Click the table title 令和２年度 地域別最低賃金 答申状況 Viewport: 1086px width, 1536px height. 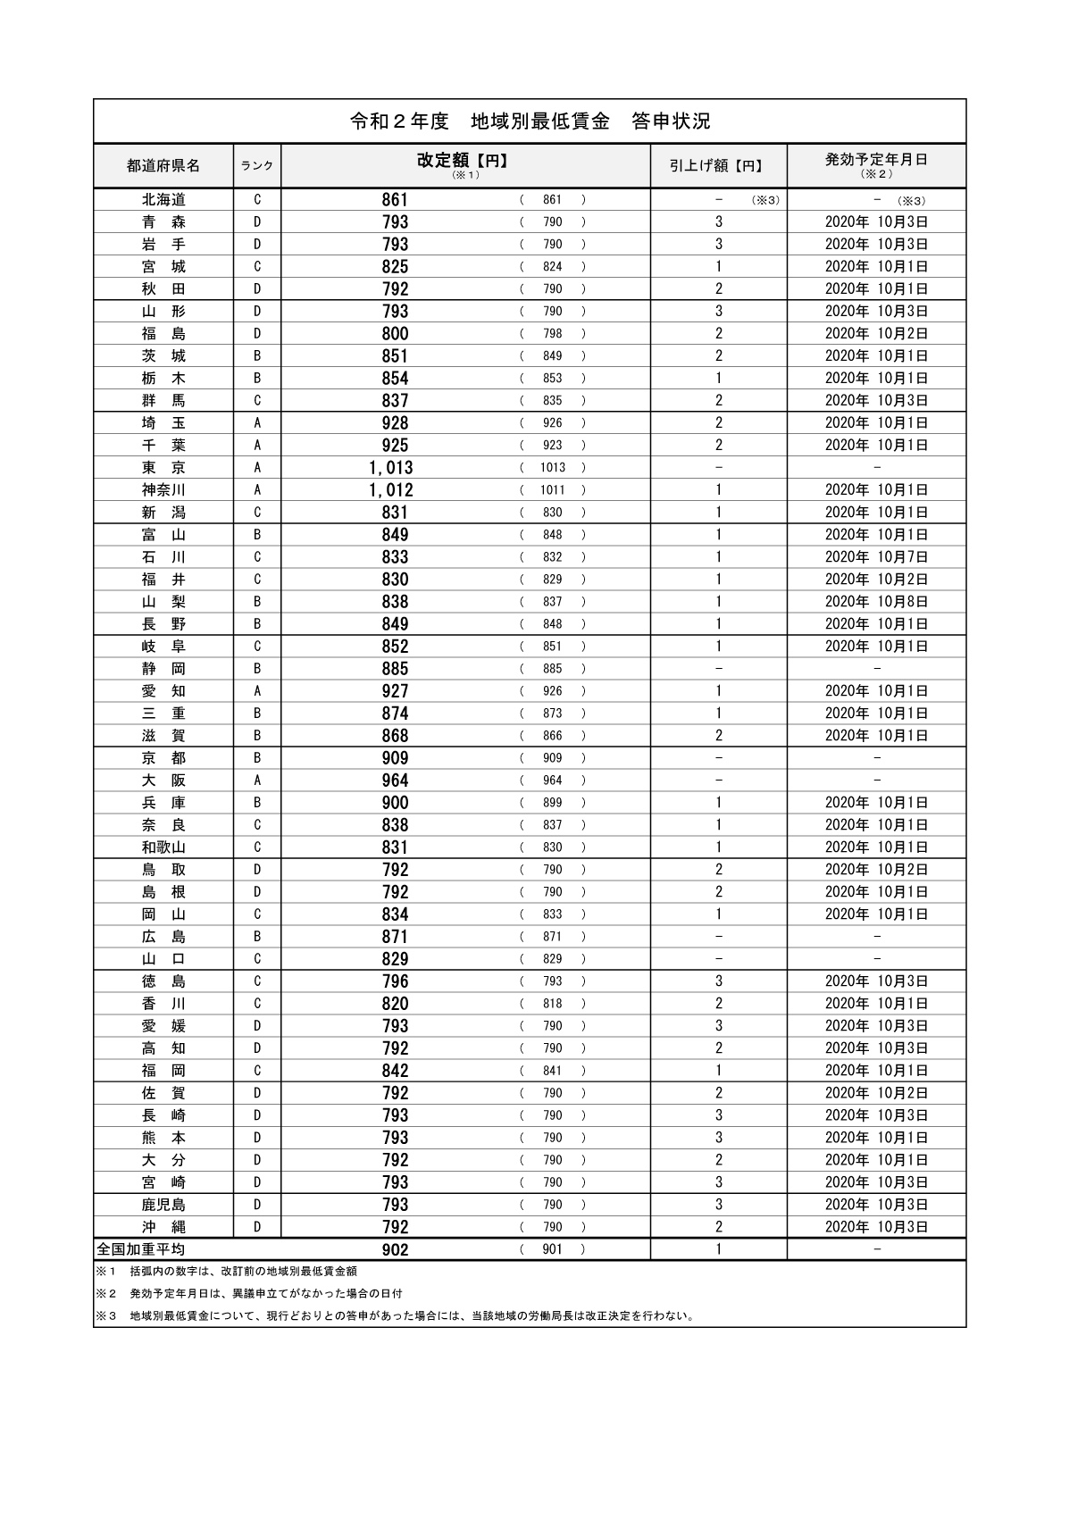pyautogui.click(x=530, y=121)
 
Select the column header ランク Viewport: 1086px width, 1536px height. pyautogui.click(x=257, y=166)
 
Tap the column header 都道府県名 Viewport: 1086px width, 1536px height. pyautogui.click(x=163, y=166)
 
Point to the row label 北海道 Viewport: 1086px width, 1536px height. pyautogui.click(x=163, y=200)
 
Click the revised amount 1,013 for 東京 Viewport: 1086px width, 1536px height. pyautogui.click(x=390, y=468)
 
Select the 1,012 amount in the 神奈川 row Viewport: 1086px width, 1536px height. pyautogui.click(x=390, y=490)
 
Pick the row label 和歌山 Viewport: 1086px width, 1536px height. pyautogui.click(x=163, y=847)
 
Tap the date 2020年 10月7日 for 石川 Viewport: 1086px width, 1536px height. pyautogui.click(x=876, y=557)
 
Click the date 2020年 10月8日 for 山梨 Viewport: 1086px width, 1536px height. pyautogui.click(x=876, y=602)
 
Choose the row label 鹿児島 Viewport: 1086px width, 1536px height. pyautogui.click(x=163, y=1205)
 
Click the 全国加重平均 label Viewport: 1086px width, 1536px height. pyautogui.click(x=141, y=1249)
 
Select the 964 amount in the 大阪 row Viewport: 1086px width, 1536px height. pyautogui.click(x=395, y=781)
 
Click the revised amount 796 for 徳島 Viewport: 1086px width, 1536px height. pyautogui.click(x=395, y=981)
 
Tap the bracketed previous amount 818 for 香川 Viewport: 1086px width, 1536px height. pyautogui.click(x=552, y=1004)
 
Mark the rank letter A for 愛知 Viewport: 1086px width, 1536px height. pyautogui.click(x=257, y=691)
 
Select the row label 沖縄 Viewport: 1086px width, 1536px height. pyautogui.click(x=163, y=1227)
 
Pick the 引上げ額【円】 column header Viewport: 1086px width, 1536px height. pyautogui.click(x=717, y=166)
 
